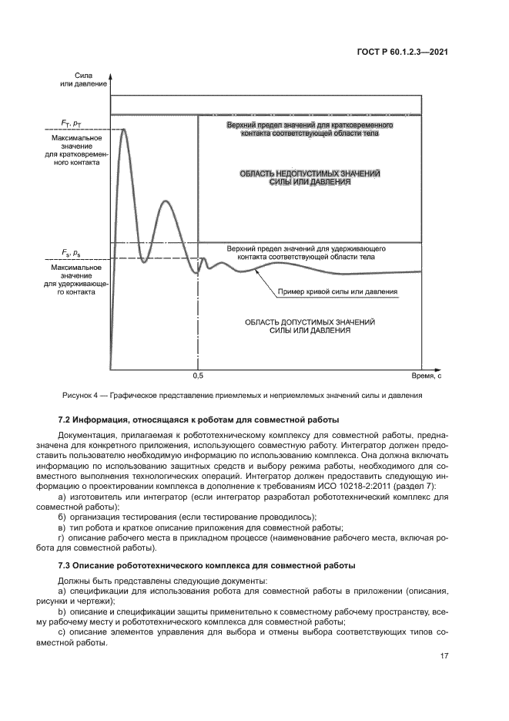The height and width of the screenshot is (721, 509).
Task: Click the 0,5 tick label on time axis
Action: tap(198, 376)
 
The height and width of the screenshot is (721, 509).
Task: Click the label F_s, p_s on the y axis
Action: tap(72, 252)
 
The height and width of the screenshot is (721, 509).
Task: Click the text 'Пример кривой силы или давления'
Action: tap(337, 293)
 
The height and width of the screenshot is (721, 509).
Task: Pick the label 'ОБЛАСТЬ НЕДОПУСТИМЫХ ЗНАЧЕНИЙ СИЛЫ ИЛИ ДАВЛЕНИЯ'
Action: tap(310, 179)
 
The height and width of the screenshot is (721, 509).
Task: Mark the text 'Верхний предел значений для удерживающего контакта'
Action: tap(306, 254)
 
